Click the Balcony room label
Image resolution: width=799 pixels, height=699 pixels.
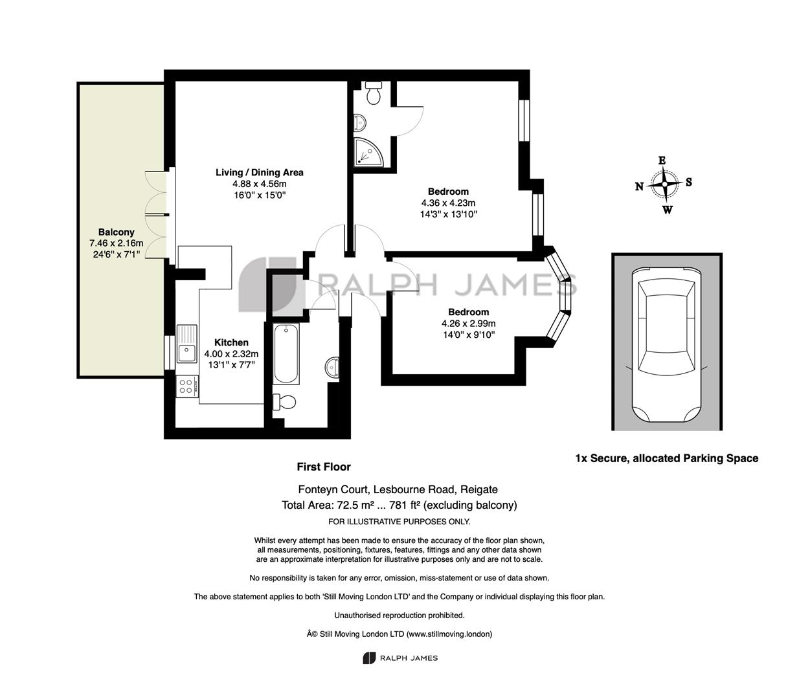click(x=116, y=232)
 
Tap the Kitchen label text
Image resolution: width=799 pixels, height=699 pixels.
click(x=231, y=342)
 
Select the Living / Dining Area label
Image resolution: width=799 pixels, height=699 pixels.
click(x=259, y=172)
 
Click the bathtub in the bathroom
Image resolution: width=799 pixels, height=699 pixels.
click(x=286, y=353)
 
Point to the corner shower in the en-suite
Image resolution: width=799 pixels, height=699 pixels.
click(x=368, y=153)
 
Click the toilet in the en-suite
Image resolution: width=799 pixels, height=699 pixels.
click(x=374, y=92)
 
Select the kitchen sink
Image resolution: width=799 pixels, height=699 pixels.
click(x=186, y=344)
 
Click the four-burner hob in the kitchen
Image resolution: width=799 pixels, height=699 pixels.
click(x=187, y=386)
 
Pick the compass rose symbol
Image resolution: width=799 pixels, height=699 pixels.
click(x=664, y=184)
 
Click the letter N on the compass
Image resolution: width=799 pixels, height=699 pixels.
click(x=639, y=186)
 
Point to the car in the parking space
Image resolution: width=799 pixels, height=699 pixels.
click(x=666, y=344)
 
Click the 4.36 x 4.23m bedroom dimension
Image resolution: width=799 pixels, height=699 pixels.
click(x=448, y=203)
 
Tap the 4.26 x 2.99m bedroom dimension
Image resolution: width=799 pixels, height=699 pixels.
click(x=468, y=323)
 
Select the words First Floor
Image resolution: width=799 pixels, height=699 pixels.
click(x=324, y=467)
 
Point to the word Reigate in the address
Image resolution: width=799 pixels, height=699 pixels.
click(x=478, y=489)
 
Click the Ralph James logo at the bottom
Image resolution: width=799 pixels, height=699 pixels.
click(x=400, y=658)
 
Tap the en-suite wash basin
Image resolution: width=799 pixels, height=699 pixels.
click(x=359, y=122)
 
